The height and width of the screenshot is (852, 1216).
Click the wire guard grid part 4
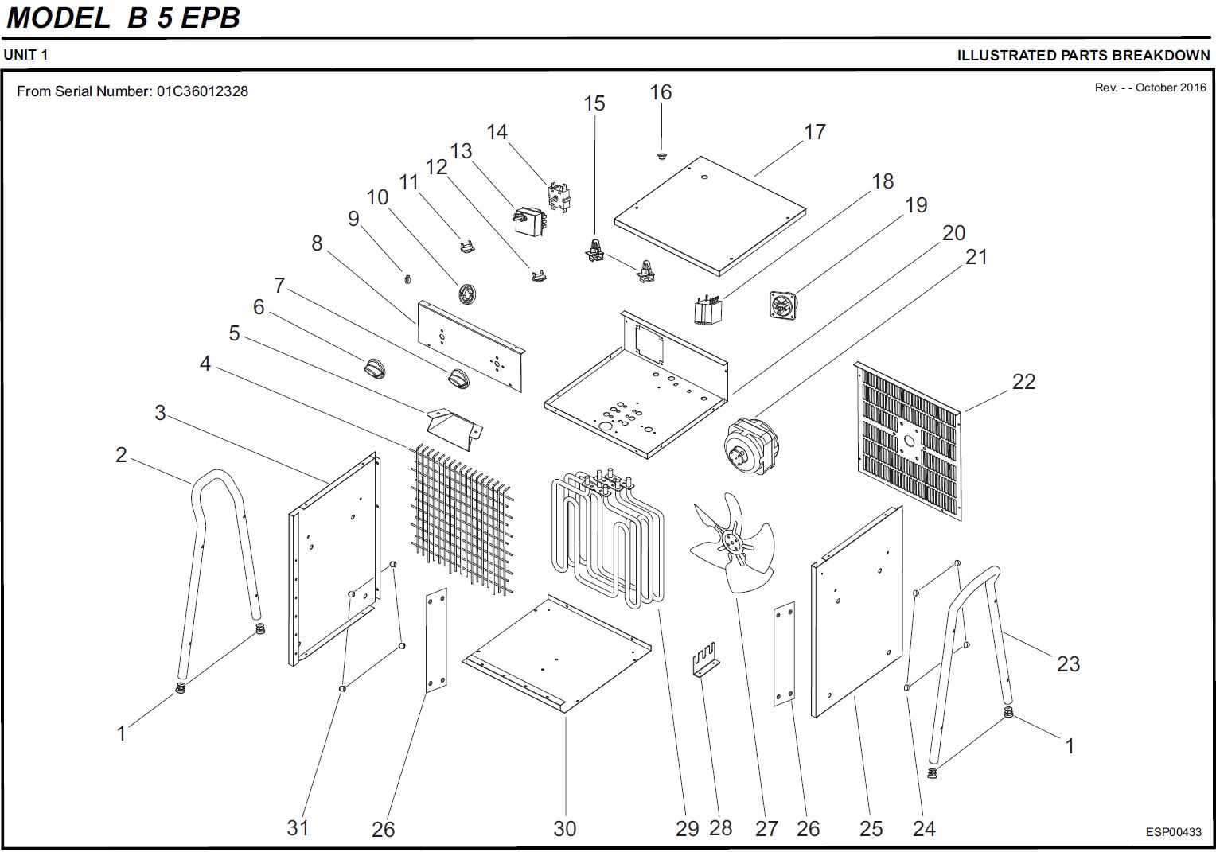pyautogui.click(x=460, y=516)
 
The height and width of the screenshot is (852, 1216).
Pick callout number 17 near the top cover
pyautogui.click(x=815, y=132)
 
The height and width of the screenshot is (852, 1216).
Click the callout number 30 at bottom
pyautogui.click(x=564, y=828)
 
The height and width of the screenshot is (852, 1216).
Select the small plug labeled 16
pyautogui.click(x=661, y=156)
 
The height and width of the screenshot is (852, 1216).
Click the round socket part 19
pyautogui.click(x=782, y=305)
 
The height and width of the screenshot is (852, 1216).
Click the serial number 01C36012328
pyautogui.click(x=202, y=91)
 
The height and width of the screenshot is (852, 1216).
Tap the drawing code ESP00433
pyautogui.click(x=1173, y=832)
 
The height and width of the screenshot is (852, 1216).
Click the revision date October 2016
pyautogui.click(x=1171, y=88)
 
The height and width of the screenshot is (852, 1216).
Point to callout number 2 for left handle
pyautogui.click(x=121, y=455)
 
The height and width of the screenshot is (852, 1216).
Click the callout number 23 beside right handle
pyautogui.click(x=1068, y=663)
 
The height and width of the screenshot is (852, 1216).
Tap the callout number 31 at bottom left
pyautogui.click(x=298, y=828)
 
